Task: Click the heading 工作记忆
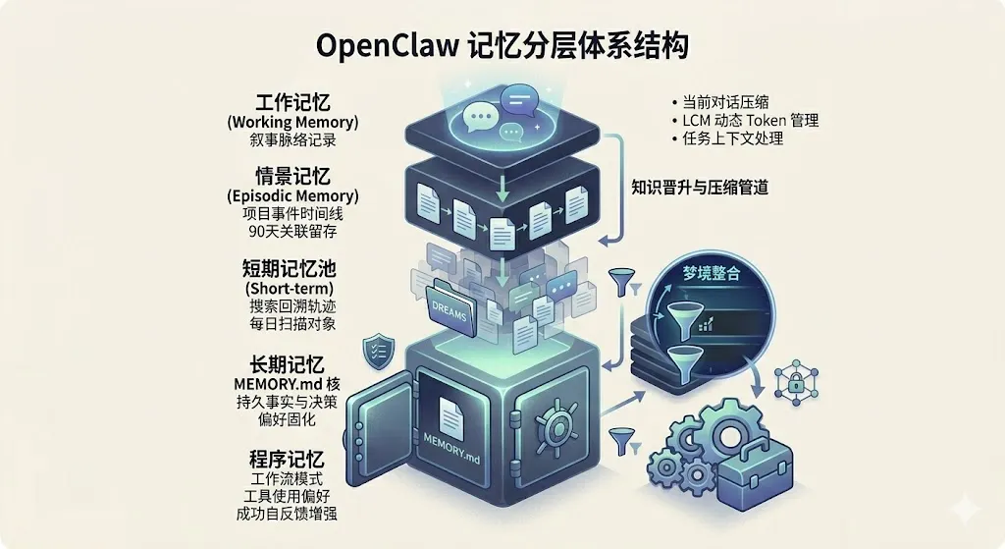coord(292,102)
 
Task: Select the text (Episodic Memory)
coord(291,195)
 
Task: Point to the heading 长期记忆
coord(291,363)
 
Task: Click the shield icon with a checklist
coord(378,348)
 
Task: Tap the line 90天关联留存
coord(291,232)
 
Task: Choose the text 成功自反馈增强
coord(291,513)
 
